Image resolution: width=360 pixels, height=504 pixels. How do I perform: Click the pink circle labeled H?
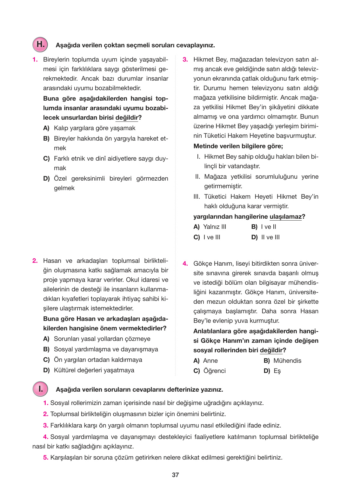tap(40, 44)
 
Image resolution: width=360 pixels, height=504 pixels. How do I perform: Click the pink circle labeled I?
tap(40, 389)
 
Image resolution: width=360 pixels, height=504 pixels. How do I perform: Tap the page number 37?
tap(175, 475)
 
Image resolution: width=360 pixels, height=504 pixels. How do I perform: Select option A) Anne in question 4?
tap(206, 361)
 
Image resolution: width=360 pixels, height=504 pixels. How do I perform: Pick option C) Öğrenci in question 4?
tap(210, 371)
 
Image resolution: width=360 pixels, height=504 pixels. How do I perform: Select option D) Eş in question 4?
tap(272, 371)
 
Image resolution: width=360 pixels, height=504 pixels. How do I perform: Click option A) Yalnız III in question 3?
tap(210, 227)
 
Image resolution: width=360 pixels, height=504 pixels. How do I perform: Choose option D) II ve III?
tap(265, 237)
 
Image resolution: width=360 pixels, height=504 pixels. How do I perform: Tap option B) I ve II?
tap(264, 227)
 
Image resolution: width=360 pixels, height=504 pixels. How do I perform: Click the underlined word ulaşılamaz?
tap(285, 216)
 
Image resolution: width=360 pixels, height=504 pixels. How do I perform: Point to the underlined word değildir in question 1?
tap(127, 117)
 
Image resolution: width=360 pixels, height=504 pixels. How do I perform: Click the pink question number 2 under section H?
tap(35, 261)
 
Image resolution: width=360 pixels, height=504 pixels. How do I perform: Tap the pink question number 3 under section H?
tap(185, 59)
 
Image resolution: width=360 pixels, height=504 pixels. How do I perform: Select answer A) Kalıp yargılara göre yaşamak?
tap(89, 128)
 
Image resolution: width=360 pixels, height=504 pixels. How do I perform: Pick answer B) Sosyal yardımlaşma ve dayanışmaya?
tap(101, 349)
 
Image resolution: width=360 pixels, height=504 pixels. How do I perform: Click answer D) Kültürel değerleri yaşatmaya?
tap(89, 370)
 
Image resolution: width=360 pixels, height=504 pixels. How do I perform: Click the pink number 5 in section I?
tap(46, 457)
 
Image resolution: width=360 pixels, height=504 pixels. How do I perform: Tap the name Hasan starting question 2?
tap(52, 261)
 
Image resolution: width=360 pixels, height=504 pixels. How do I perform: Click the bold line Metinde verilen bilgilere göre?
tap(238, 146)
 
